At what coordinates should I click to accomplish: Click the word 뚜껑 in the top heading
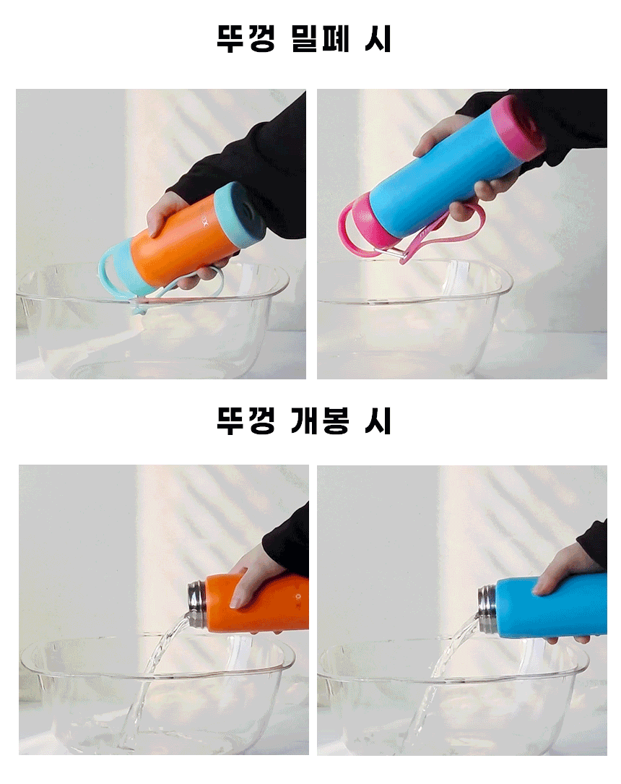(246, 38)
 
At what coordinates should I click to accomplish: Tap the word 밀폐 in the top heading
(320, 38)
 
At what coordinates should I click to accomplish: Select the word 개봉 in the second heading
(320, 421)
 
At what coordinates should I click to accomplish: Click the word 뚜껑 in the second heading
(246, 421)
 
